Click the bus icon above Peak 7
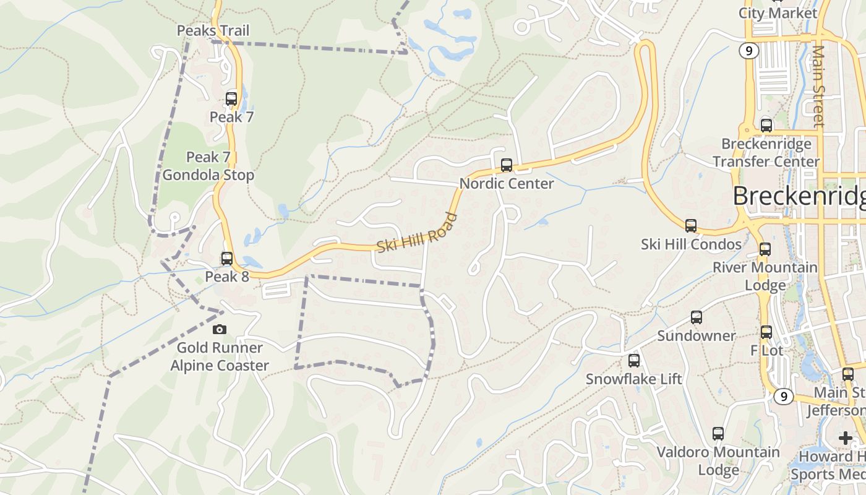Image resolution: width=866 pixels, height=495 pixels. [231, 98]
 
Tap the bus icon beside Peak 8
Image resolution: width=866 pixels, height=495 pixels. [227, 259]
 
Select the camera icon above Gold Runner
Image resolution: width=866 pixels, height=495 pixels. [219, 330]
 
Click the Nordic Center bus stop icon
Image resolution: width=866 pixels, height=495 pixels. [507, 165]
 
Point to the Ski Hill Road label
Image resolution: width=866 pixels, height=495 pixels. [417, 233]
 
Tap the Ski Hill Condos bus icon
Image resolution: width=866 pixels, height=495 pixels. [691, 226]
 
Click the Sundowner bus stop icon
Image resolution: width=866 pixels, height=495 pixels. [697, 317]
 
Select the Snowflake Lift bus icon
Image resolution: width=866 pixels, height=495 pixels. [634, 361]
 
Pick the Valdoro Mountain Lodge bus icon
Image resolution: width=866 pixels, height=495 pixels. [718, 434]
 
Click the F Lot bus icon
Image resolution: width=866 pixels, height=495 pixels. [766, 332]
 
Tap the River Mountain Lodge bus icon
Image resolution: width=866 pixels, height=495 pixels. [765, 249]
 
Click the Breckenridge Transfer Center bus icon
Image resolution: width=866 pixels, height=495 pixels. [766, 126]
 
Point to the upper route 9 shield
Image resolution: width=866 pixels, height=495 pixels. [749, 51]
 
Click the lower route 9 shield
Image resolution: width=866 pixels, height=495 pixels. [784, 396]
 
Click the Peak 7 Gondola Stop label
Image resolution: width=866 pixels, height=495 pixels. [208, 166]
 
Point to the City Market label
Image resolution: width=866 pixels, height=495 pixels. [778, 13]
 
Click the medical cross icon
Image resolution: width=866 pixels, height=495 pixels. [846, 438]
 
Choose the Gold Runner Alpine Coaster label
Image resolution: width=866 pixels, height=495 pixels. [220, 356]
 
